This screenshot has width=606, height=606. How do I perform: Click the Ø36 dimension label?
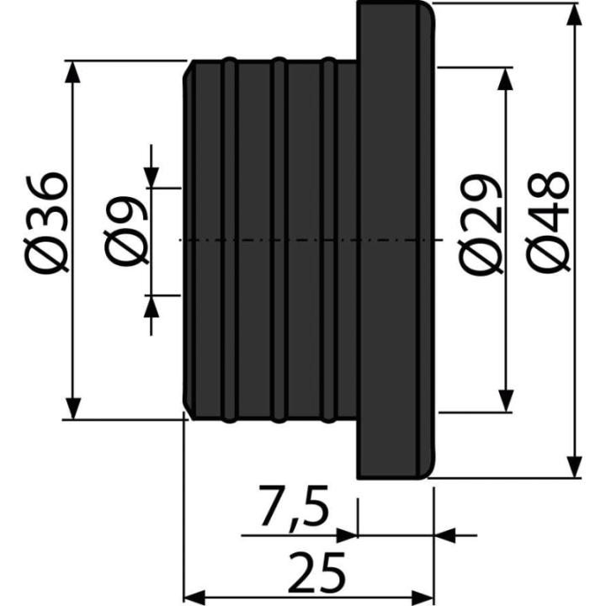point(47,223)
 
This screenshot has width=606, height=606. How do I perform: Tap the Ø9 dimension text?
point(125,231)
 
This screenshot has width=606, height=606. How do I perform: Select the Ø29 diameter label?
point(481,223)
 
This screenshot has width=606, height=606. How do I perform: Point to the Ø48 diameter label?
point(548,223)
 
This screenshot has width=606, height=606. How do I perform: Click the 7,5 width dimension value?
point(294,507)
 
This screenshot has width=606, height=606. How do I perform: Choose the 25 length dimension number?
point(316,573)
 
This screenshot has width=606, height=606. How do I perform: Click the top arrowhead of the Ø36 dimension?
point(72,72)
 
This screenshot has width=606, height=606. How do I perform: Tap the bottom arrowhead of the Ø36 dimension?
point(72,408)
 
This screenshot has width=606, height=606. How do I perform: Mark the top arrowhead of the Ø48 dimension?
point(574,14)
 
